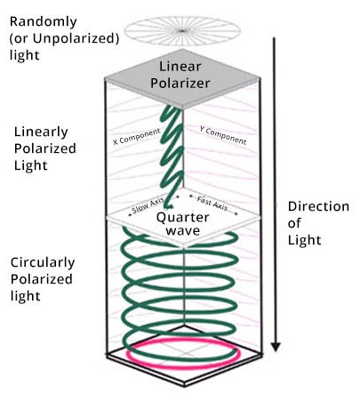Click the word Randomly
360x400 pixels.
(x=44, y=22)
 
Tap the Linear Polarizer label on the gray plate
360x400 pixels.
(x=180, y=75)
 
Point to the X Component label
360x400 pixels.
(x=137, y=136)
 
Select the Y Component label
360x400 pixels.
(x=223, y=135)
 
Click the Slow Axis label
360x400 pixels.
(x=148, y=205)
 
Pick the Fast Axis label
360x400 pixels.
(x=212, y=204)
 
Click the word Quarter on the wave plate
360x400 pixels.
(x=183, y=218)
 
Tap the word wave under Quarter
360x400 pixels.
(x=183, y=231)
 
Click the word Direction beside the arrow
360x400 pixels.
(x=318, y=206)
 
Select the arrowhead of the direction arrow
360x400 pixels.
(x=276, y=347)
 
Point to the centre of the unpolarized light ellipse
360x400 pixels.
(x=182, y=31)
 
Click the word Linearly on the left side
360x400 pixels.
(x=41, y=132)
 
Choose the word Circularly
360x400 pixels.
(x=43, y=263)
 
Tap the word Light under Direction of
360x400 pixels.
(x=305, y=240)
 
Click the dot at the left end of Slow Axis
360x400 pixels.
(x=130, y=215)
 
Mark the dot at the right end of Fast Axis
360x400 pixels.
(x=236, y=213)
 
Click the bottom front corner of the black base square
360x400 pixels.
(x=184, y=386)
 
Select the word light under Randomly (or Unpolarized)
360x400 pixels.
(x=25, y=55)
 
